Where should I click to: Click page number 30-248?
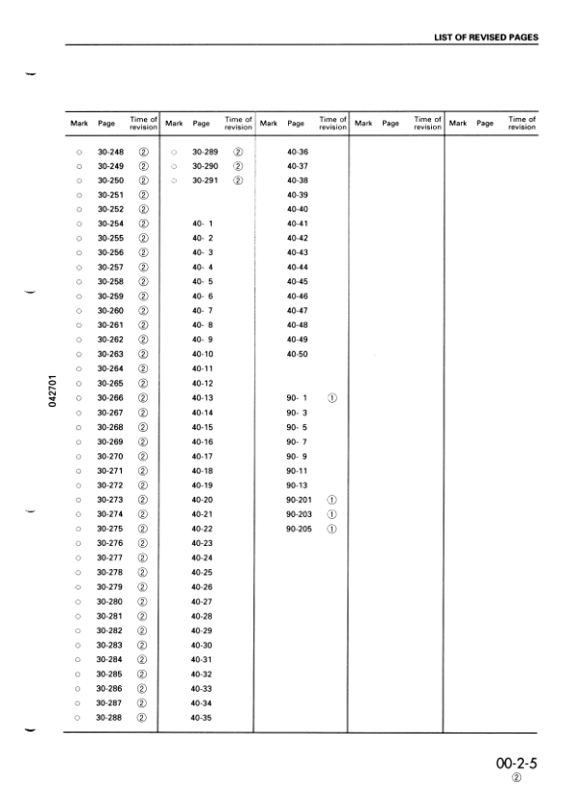click(x=110, y=153)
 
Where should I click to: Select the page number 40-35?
click(x=202, y=717)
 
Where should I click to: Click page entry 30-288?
click(x=110, y=717)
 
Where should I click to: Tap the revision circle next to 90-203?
click(x=331, y=514)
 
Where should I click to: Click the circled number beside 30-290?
click(x=238, y=166)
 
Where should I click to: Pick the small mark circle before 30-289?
click(x=173, y=153)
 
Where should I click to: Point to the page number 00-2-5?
click(x=516, y=763)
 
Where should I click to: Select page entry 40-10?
click(x=202, y=355)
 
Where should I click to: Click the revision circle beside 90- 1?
click(x=331, y=398)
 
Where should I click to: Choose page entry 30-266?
click(x=110, y=398)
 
